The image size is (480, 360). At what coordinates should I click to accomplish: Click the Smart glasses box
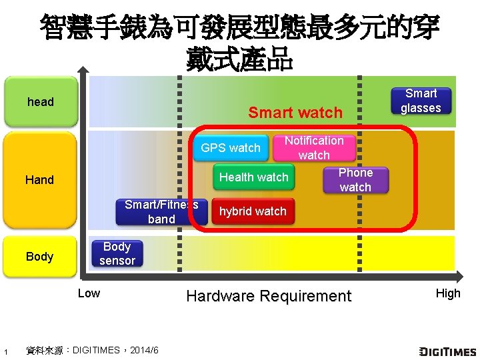tap(421, 101)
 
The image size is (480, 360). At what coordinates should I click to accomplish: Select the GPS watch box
tap(231, 148)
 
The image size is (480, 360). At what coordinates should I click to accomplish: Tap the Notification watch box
tap(313, 148)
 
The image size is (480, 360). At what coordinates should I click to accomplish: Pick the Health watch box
tap(254, 177)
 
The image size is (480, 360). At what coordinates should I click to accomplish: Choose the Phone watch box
tap(355, 180)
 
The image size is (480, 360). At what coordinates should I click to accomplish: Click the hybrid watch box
tap(253, 211)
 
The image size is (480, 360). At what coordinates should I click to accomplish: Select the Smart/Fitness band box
tap(161, 212)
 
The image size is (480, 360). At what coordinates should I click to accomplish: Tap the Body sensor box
tap(117, 254)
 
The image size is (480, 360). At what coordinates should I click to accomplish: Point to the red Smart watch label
tap(295, 113)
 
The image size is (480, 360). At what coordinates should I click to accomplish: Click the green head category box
tap(40, 102)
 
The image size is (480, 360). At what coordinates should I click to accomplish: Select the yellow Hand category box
tap(40, 179)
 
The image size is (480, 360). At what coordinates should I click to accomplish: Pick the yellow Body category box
tap(40, 257)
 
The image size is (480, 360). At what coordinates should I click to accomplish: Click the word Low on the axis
tap(89, 293)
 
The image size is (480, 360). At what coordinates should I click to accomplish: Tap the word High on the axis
tap(448, 293)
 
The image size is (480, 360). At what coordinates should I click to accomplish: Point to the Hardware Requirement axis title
tap(268, 296)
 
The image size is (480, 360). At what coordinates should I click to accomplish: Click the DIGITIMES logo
tap(447, 351)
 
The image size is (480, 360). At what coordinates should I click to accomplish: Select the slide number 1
tap(5, 351)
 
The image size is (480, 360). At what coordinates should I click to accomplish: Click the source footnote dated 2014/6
tap(91, 350)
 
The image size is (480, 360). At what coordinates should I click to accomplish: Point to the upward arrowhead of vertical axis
tap(83, 69)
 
